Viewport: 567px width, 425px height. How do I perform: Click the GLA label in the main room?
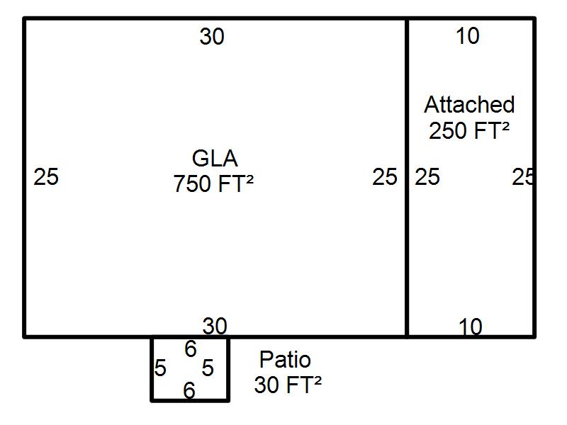pos(215,158)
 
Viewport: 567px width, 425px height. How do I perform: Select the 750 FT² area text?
pos(213,183)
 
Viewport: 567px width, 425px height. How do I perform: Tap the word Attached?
pos(469,104)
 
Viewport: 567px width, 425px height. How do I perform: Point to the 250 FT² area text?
pos(469,130)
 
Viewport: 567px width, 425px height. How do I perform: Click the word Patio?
pos(286,360)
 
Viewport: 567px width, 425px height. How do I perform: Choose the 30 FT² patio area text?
pos(288,385)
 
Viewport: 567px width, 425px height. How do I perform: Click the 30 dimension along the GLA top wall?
pos(212,37)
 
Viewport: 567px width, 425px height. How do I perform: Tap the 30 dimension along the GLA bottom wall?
pos(215,326)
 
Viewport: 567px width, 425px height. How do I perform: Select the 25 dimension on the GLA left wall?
pos(46,176)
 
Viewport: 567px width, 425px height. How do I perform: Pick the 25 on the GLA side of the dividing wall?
pos(385,176)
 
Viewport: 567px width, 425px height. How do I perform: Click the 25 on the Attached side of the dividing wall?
pos(427,176)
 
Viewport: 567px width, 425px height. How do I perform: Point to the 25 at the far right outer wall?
pos(523,176)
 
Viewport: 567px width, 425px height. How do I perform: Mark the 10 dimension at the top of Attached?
pos(468,36)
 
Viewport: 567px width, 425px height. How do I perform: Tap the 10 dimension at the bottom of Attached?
pos(470,327)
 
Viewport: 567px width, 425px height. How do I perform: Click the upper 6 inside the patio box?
pos(191,349)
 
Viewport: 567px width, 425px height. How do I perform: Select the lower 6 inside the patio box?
pos(189,390)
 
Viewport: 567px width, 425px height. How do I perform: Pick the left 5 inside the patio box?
pos(160,368)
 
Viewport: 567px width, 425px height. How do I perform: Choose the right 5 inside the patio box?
pos(208,368)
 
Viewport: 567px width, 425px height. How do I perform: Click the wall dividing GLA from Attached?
pos(407,178)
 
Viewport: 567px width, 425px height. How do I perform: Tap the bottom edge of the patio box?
pos(190,400)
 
